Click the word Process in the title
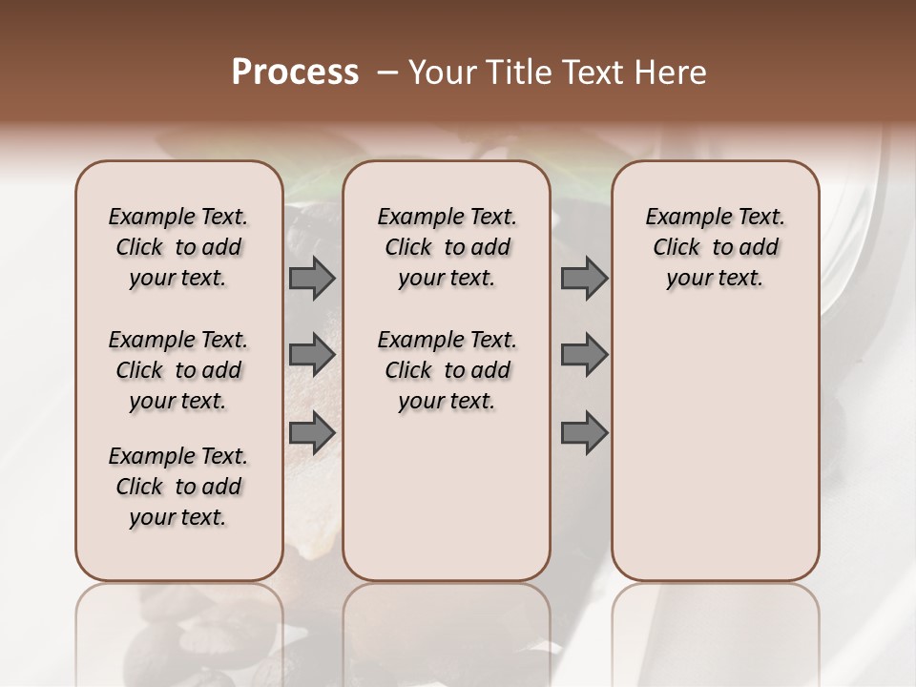(295, 73)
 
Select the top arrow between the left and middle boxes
(312, 279)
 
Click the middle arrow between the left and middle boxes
(312, 355)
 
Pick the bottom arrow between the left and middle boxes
(312, 432)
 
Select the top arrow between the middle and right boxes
(584, 279)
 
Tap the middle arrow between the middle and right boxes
(584, 355)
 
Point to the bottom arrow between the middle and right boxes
(584, 432)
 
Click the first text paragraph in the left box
(178, 247)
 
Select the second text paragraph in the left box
(178, 370)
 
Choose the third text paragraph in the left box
(178, 487)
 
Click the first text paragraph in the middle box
(447, 247)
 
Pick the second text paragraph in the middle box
(447, 370)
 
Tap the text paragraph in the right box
(716, 247)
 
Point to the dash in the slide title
(387, 73)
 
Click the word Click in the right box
(677, 248)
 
